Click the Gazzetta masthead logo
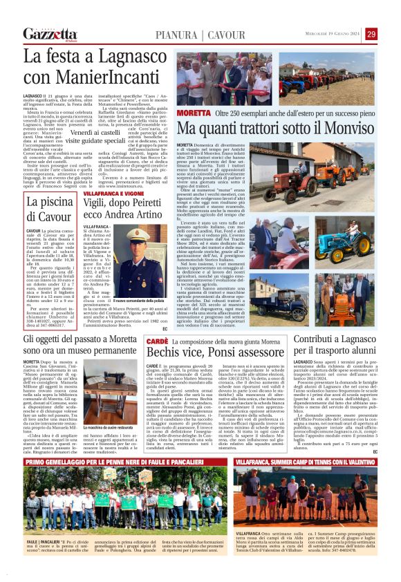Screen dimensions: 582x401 coord(50,34)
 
